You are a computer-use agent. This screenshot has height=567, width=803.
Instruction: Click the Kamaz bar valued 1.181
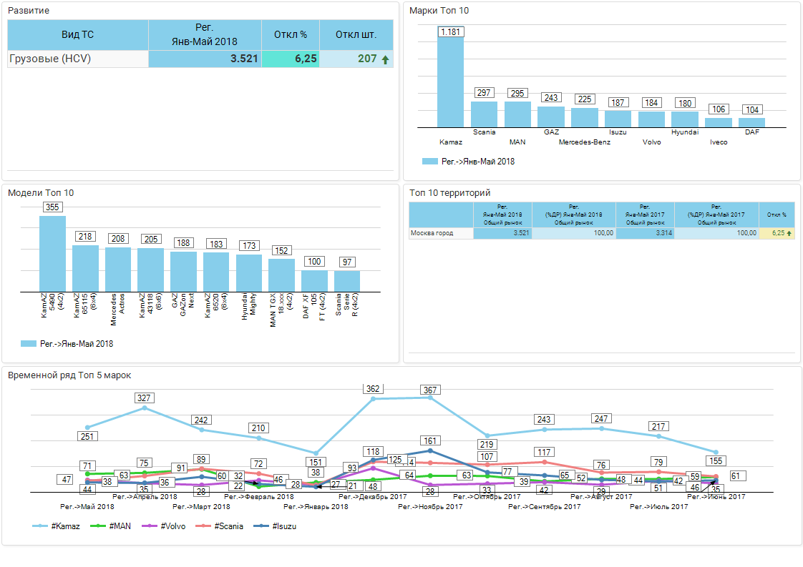click(450, 80)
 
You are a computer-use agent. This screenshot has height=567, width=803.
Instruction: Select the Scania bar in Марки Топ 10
click(484, 114)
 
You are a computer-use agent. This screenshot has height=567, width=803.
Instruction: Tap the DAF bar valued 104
click(751, 122)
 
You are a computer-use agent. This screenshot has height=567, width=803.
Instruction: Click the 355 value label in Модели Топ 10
click(52, 207)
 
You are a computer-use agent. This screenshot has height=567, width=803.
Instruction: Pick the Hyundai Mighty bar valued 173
click(249, 272)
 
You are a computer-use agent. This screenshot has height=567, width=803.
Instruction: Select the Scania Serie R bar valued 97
click(347, 280)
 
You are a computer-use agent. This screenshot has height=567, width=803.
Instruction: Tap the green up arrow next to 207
click(386, 60)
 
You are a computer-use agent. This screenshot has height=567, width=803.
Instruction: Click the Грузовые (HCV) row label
click(50, 59)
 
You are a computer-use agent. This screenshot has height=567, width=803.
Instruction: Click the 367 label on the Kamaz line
click(431, 390)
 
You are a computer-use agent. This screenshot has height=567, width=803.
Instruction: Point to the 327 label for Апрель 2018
click(145, 398)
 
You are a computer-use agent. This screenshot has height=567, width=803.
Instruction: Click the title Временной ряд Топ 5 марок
click(69, 375)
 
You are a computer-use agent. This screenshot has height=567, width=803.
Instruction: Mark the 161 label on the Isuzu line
click(430, 441)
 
